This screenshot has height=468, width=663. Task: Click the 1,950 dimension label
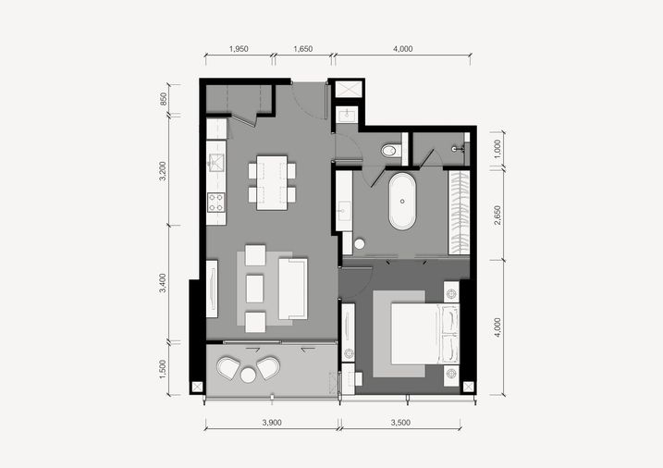click(239, 49)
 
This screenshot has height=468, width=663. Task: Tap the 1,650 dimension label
click(302, 49)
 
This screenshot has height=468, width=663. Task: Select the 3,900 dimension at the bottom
click(272, 423)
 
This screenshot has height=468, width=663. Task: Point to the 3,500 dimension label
click(400, 423)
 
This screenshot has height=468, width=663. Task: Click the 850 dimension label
click(164, 99)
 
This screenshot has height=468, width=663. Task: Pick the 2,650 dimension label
click(497, 216)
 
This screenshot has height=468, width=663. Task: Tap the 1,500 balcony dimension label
click(163, 369)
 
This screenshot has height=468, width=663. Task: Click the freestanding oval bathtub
click(402, 202)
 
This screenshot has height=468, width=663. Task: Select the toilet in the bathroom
click(390, 151)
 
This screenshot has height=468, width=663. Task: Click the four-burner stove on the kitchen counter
click(216, 202)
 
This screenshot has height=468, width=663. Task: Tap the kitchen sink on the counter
click(216, 162)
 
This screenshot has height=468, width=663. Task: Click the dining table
click(272, 182)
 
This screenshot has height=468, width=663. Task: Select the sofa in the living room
click(292, 289)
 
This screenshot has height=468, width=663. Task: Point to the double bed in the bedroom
click(425, 333)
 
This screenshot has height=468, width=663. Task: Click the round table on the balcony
click(248, 375)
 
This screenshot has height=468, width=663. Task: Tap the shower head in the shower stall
click(454, 149)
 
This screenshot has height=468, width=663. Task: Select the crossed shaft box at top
click(349, 89)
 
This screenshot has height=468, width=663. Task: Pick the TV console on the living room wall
click(212, 289)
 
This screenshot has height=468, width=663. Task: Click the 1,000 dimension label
click(497, 148)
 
